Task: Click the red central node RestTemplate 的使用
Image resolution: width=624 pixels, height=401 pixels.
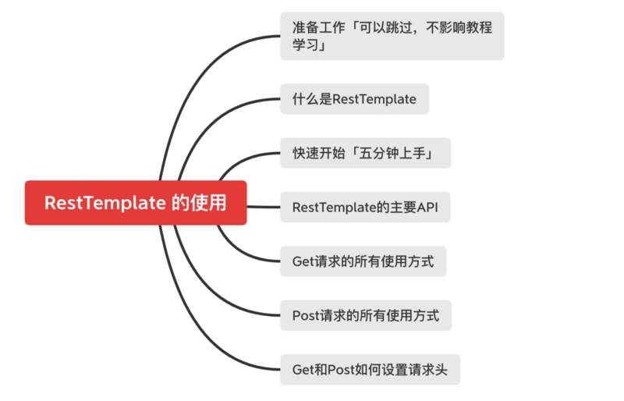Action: (136, 203)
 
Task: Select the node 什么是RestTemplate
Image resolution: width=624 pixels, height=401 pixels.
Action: (354, 99)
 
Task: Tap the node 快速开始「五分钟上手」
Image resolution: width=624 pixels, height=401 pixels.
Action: (367, 153)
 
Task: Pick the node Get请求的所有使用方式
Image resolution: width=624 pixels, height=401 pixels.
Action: (363, 261)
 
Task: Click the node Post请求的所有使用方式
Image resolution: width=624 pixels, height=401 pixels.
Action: (365, 315)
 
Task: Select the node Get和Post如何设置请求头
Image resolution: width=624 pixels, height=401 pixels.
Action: (370, 369)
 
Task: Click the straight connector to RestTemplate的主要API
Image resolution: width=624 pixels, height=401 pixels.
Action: (264, 207)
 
